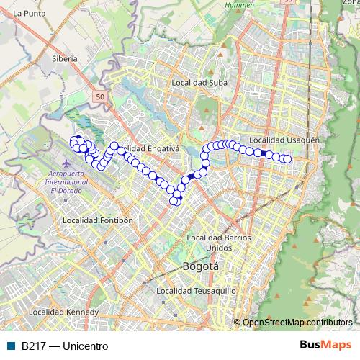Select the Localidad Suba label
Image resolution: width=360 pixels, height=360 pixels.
(199, 83)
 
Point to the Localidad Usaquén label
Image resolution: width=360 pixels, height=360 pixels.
(284, 139)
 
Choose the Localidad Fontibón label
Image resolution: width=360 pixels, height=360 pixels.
(99, 220)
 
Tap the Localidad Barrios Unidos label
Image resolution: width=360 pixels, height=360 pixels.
(219, 243)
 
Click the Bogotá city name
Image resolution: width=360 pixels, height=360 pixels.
(201, 266)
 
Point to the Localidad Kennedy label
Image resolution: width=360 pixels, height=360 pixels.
(63, 313)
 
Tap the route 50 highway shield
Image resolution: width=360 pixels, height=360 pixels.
(99, 96)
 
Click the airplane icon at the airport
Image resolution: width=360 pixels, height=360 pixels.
(68, 163)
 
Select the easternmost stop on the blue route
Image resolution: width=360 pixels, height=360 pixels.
(288, 159)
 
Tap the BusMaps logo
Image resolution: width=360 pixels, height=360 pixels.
(325, 346)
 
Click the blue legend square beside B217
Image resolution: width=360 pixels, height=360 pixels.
(11, 346)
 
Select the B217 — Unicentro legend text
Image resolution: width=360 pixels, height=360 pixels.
(65, 346)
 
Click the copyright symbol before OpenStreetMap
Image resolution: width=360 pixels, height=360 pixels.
(238, 323)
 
